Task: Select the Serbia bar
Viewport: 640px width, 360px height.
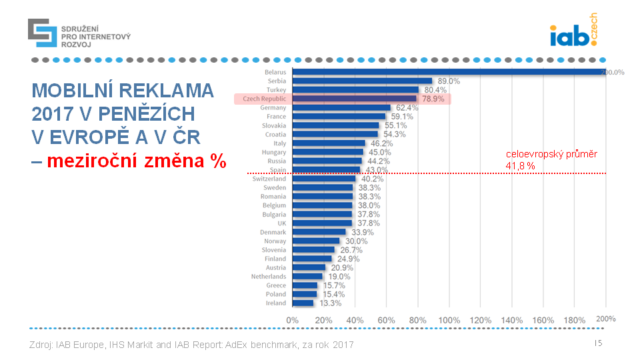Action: (363, 81)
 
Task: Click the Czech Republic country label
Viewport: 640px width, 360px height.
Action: (264, 99)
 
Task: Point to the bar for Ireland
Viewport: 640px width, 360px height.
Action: (303, 303)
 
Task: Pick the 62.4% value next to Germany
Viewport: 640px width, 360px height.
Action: (407, 107)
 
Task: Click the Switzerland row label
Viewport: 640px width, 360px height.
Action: (269, 179)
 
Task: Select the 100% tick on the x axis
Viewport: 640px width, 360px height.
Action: (449, 320)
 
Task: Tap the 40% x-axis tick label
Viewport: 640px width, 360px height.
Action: (355, 320)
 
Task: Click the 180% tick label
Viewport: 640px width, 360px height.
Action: (574, 320)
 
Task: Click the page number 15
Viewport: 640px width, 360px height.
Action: (597, 343)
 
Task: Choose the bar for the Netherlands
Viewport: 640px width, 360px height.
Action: (307, 276)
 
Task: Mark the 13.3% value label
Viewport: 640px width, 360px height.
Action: (330, 303)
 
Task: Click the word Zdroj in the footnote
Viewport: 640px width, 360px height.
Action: (42, 345)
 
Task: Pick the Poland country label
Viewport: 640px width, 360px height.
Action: (275, 294)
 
